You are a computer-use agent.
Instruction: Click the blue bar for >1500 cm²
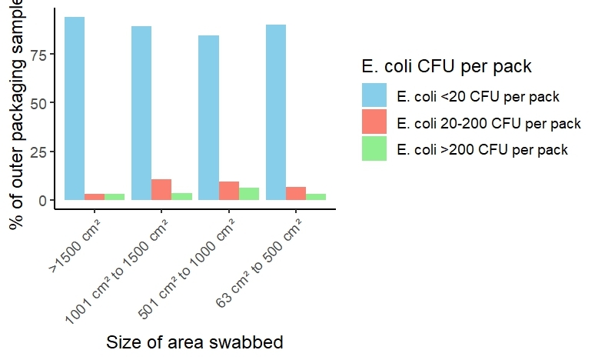tap(75, 108)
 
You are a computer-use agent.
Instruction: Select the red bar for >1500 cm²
tap(95, 197)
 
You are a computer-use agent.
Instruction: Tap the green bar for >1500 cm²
tap(115, 197)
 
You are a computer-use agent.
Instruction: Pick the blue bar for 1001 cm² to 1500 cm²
tap(141, 113)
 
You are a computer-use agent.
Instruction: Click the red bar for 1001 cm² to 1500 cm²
tap(161, 189)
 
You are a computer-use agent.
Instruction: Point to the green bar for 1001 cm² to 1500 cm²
tap(181, 196)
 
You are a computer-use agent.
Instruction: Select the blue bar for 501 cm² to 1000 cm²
tap(208, 118)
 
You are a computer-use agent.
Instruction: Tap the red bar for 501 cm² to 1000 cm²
tap(228, 191)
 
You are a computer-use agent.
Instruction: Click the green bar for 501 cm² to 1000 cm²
tap(248, 194)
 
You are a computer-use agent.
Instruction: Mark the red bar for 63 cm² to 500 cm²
tap(295, 193)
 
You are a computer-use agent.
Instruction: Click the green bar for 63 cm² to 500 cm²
tap(315, 197)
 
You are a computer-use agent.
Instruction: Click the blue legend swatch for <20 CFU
tap(374, 96)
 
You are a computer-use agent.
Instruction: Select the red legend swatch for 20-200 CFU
tap(374, 122)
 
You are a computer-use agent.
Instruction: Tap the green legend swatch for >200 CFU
tap(374, 148)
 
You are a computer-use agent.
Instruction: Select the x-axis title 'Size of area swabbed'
tap(194, 343)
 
